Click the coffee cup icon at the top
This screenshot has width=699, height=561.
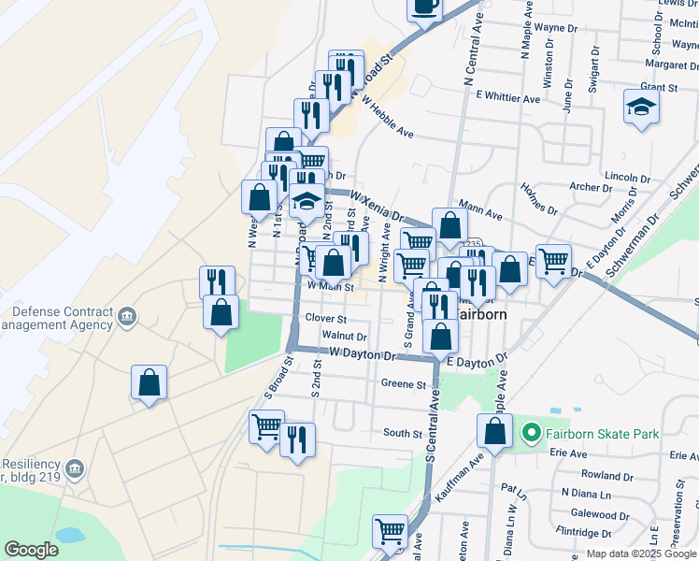pos(425,7)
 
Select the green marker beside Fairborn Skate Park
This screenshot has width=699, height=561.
pos(532,433)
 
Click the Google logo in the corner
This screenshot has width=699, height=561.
pos(31,550)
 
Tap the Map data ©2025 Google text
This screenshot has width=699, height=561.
pos(641,554)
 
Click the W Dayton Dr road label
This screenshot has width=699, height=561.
pos(364,353)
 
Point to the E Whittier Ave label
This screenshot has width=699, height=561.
pos(507,97)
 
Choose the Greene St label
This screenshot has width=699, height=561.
pos(404,383)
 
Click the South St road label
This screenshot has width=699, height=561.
pos(403,433)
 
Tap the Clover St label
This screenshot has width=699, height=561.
pos(326,318)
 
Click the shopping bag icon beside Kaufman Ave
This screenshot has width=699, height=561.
pos(494,431)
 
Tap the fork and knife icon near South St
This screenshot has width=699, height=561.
pos(297,439)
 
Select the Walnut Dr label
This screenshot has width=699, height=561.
pos(344,336)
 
